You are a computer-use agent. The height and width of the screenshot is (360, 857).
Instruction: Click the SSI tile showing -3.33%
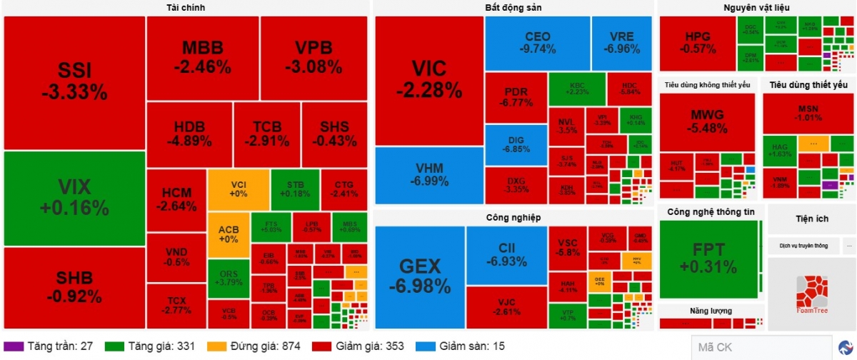(74, 82)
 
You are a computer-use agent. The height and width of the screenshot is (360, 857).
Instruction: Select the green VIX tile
(74, 198)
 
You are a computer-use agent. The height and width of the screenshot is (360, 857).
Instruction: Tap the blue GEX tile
(419, 277)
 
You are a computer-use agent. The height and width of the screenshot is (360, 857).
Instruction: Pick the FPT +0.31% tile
(708, 259)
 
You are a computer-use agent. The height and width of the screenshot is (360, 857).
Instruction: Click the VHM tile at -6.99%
(429, 176)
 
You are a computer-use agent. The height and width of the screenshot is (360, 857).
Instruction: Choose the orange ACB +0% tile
(229, 234)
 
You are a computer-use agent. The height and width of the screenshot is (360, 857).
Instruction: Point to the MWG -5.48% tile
(707, 122)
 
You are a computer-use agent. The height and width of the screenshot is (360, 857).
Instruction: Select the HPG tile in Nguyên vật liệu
(698, 43)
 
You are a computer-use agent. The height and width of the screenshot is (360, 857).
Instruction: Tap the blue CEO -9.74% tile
(537, 43)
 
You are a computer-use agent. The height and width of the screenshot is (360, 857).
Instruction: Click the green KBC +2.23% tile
(577, 89)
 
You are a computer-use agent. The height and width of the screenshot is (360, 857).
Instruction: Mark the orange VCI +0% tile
(239, 189)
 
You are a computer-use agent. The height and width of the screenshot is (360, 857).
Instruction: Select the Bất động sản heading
(513, 8)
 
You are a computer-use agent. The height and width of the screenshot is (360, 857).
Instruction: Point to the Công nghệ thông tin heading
(711, 212)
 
